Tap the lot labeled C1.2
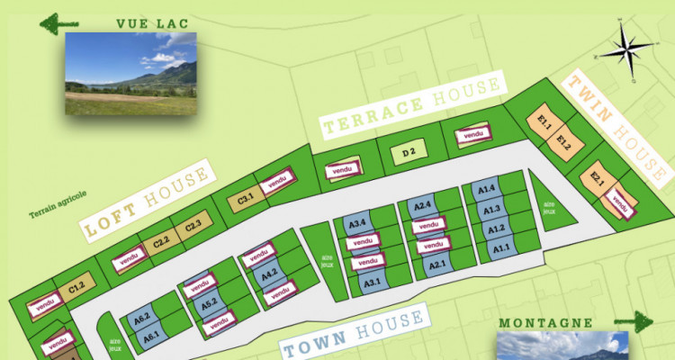tap(76, 288)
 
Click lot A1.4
tap(487, 190)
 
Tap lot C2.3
tap(193, 226)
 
